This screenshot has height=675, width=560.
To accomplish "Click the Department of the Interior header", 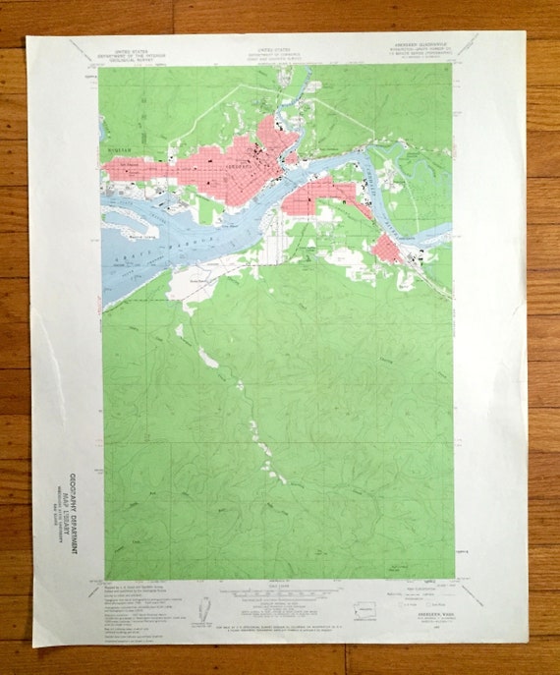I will pos(138,53).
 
